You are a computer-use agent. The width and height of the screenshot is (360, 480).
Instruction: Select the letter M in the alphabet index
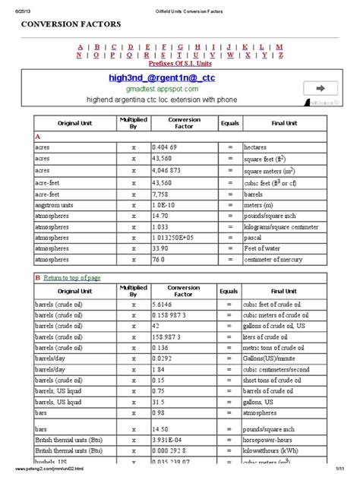pyautogui.click(x=279, y=46)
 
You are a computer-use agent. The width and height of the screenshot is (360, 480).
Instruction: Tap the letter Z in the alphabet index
pyautogui.click(x=281, y=55)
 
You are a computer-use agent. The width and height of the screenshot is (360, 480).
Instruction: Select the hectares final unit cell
pyautogui.click(x=257, y=146)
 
